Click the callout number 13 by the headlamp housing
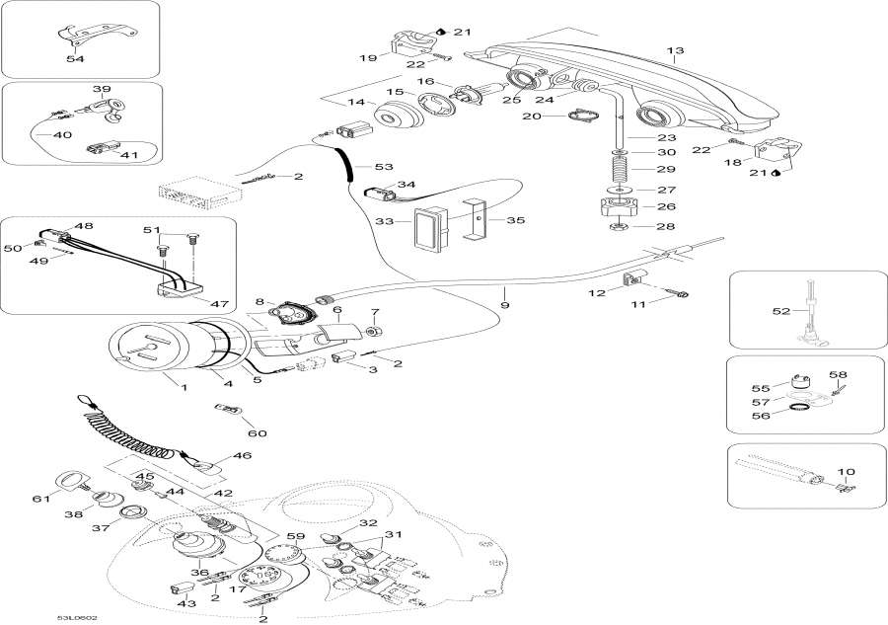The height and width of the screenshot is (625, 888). click(675, 50)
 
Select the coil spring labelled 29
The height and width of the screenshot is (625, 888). click(618, 171)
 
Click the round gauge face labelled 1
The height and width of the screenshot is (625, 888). click(141, 347)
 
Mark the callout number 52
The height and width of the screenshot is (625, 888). click(781, 312)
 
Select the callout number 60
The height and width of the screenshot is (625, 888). click(257, 433)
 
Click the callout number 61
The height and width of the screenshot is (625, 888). click(40, 499)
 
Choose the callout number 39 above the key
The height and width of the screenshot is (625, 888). click(102, 90)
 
